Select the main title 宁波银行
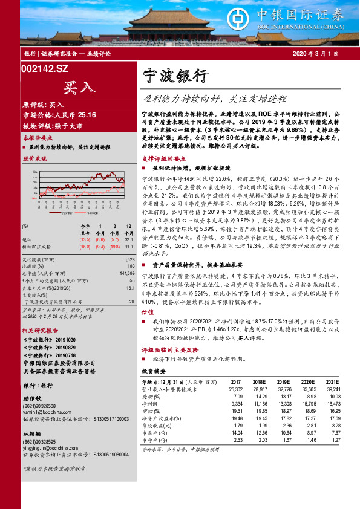click(x=175, y=77)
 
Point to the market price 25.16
click(x=83, y=114)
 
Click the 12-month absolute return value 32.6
click(x=128, y=239)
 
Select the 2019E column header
click(x=283, y=381)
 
